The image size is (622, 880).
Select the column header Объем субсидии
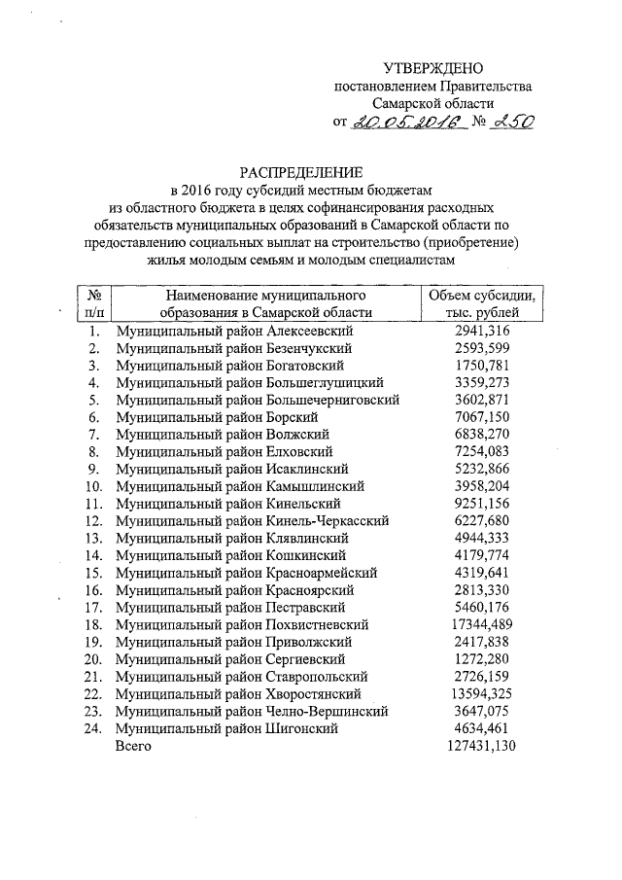click(x=481, y=295)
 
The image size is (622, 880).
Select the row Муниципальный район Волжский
click(x=223, y=434)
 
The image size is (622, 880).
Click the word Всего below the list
click(x=133, y=746)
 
